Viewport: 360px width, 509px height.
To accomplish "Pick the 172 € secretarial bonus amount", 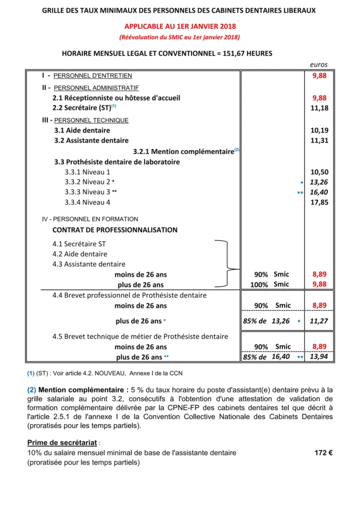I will (324, 453).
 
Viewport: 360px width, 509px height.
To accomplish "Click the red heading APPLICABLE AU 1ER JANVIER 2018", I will (180, 26).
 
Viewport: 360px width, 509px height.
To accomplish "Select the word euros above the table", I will (319, 65).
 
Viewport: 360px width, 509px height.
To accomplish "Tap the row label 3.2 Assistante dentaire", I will (91, 141).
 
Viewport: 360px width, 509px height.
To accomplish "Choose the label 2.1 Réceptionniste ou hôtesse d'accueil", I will (116, 98).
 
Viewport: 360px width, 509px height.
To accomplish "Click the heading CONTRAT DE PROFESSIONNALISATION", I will (115, 230).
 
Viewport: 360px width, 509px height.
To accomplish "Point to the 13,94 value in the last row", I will (319, 357).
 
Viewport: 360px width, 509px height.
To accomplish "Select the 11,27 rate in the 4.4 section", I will (319, 321).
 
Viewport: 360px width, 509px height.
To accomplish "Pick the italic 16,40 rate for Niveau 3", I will (319, 192).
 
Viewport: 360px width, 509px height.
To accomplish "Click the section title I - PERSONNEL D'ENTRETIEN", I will (87, 76).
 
